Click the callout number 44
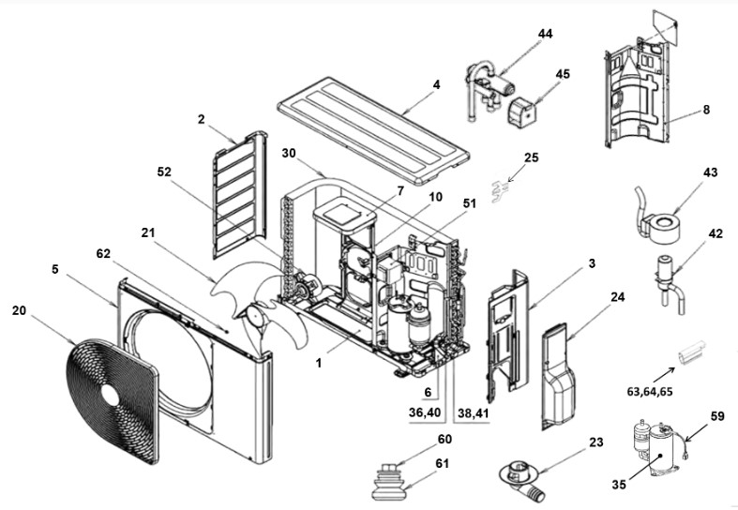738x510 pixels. click(545, 34)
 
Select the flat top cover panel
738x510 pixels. click(375, 127)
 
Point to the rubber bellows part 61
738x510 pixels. click(390, 487)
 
